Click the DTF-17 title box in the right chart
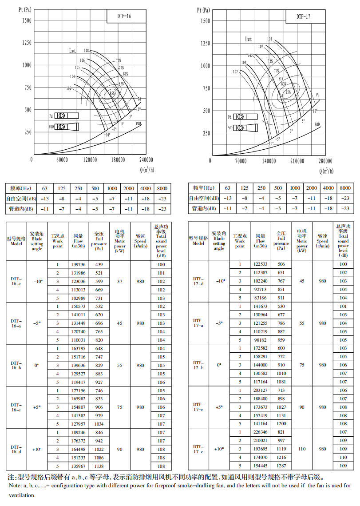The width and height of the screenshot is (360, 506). (304, 16)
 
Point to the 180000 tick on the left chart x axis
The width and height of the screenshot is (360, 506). (118, 160)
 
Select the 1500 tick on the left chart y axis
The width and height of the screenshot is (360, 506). (26, 20)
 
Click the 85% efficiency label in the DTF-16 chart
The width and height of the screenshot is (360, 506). (112, 93)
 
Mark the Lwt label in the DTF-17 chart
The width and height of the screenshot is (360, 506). (249, 39)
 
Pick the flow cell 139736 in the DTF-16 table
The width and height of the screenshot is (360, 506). (79, 264)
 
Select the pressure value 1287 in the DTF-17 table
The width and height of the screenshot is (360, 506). (281, 466)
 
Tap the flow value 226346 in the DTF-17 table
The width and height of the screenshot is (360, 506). (261, 432)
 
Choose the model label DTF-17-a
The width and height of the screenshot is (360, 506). (198, 323)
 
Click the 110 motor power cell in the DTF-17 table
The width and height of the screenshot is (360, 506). (302, 449)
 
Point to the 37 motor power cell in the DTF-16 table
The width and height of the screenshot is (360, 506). (119, 281)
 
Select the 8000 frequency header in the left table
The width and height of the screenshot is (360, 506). (162, 188)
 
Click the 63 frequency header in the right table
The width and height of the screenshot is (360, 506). (228, 188)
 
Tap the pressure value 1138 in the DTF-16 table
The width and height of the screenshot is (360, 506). (99, 466)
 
